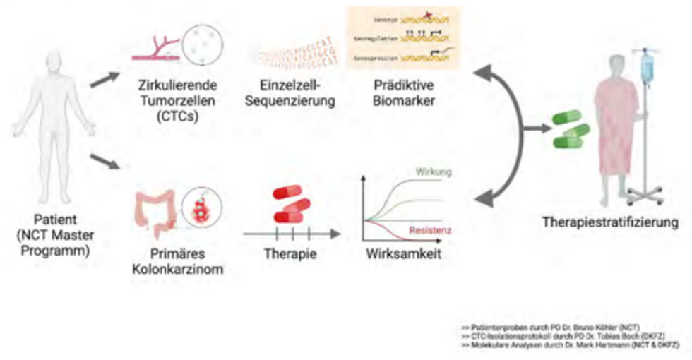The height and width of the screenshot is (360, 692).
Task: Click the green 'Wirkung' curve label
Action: [434, 172]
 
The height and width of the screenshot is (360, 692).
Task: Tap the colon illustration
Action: [153, 209]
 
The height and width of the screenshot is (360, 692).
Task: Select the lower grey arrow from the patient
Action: [106, 162]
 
